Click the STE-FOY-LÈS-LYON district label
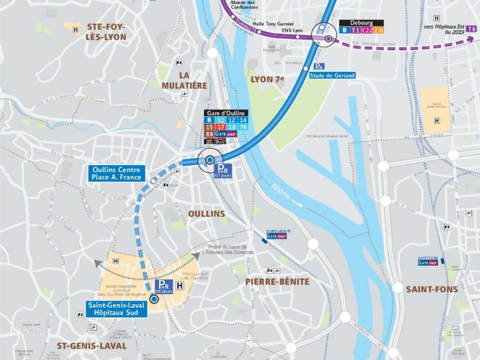(106, 31)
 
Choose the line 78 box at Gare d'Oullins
(242, 127)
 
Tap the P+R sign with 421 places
(223, 170)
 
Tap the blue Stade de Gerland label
(332, 75)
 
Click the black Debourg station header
(361, 22)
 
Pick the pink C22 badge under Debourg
(367, 30)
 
